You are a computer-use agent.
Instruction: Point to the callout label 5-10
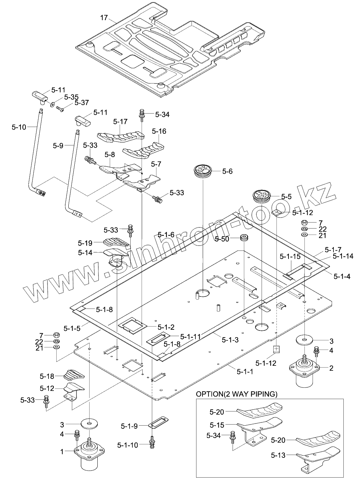click(x=19, y=127)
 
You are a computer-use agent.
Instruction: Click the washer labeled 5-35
click(x=52, y=105)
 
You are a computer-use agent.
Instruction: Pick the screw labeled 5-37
click(x=61, y=110)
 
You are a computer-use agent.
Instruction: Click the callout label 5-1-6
click(x=166, y=235)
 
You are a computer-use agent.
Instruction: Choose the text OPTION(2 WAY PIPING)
click(x=236, y=394)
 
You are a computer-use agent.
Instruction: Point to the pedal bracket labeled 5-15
click(x=260, y=426)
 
